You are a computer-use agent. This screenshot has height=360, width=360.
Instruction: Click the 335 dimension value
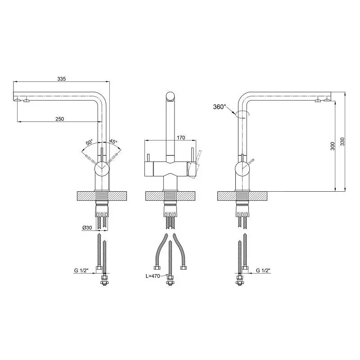click(62, 79)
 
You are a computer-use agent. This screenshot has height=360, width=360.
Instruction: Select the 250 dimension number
click(60, 119)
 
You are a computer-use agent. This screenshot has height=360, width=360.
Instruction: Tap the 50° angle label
click(89, 142)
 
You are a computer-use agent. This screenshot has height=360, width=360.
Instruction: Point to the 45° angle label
click(113, 141)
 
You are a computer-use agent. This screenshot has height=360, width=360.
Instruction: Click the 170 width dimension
click(181, 138)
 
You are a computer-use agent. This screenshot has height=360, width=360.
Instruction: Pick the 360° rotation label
click(220, 107)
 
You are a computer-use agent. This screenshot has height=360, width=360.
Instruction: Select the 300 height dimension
click(333, 146)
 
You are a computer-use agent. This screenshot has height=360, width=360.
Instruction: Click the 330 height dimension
click(342, 141)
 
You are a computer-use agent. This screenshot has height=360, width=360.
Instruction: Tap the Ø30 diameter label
click(87, 228)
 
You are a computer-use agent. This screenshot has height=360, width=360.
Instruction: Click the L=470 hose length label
click(153, 276)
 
